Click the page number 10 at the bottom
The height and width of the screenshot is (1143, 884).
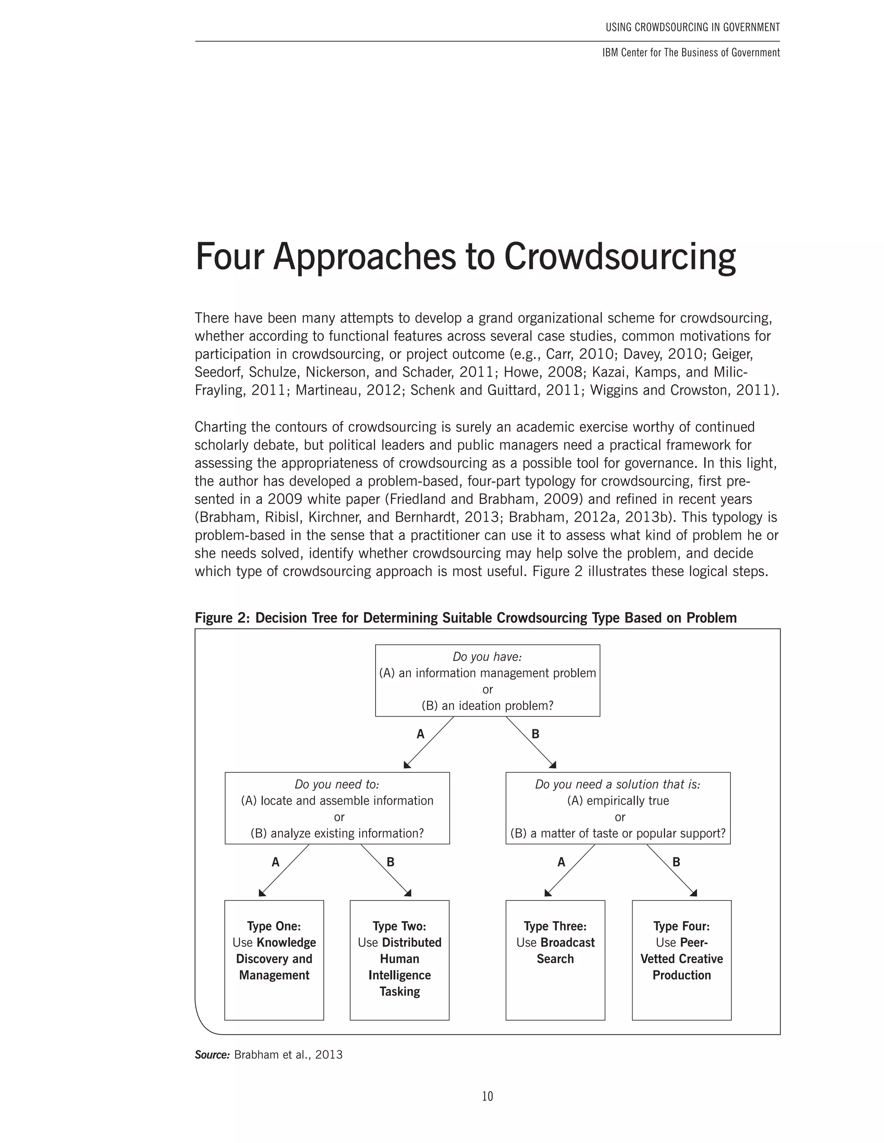487,1096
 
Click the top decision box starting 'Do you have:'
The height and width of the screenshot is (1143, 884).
487,680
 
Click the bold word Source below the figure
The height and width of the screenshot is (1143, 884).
212,1055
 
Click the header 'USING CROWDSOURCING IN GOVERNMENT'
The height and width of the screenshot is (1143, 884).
692,27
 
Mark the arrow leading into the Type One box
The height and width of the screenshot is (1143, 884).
284,871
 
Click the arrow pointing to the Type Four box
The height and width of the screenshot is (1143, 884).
672,871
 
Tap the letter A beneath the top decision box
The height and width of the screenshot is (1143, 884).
420,734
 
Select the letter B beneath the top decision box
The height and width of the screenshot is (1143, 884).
535,734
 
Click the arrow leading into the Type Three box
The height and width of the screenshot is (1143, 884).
570,871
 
